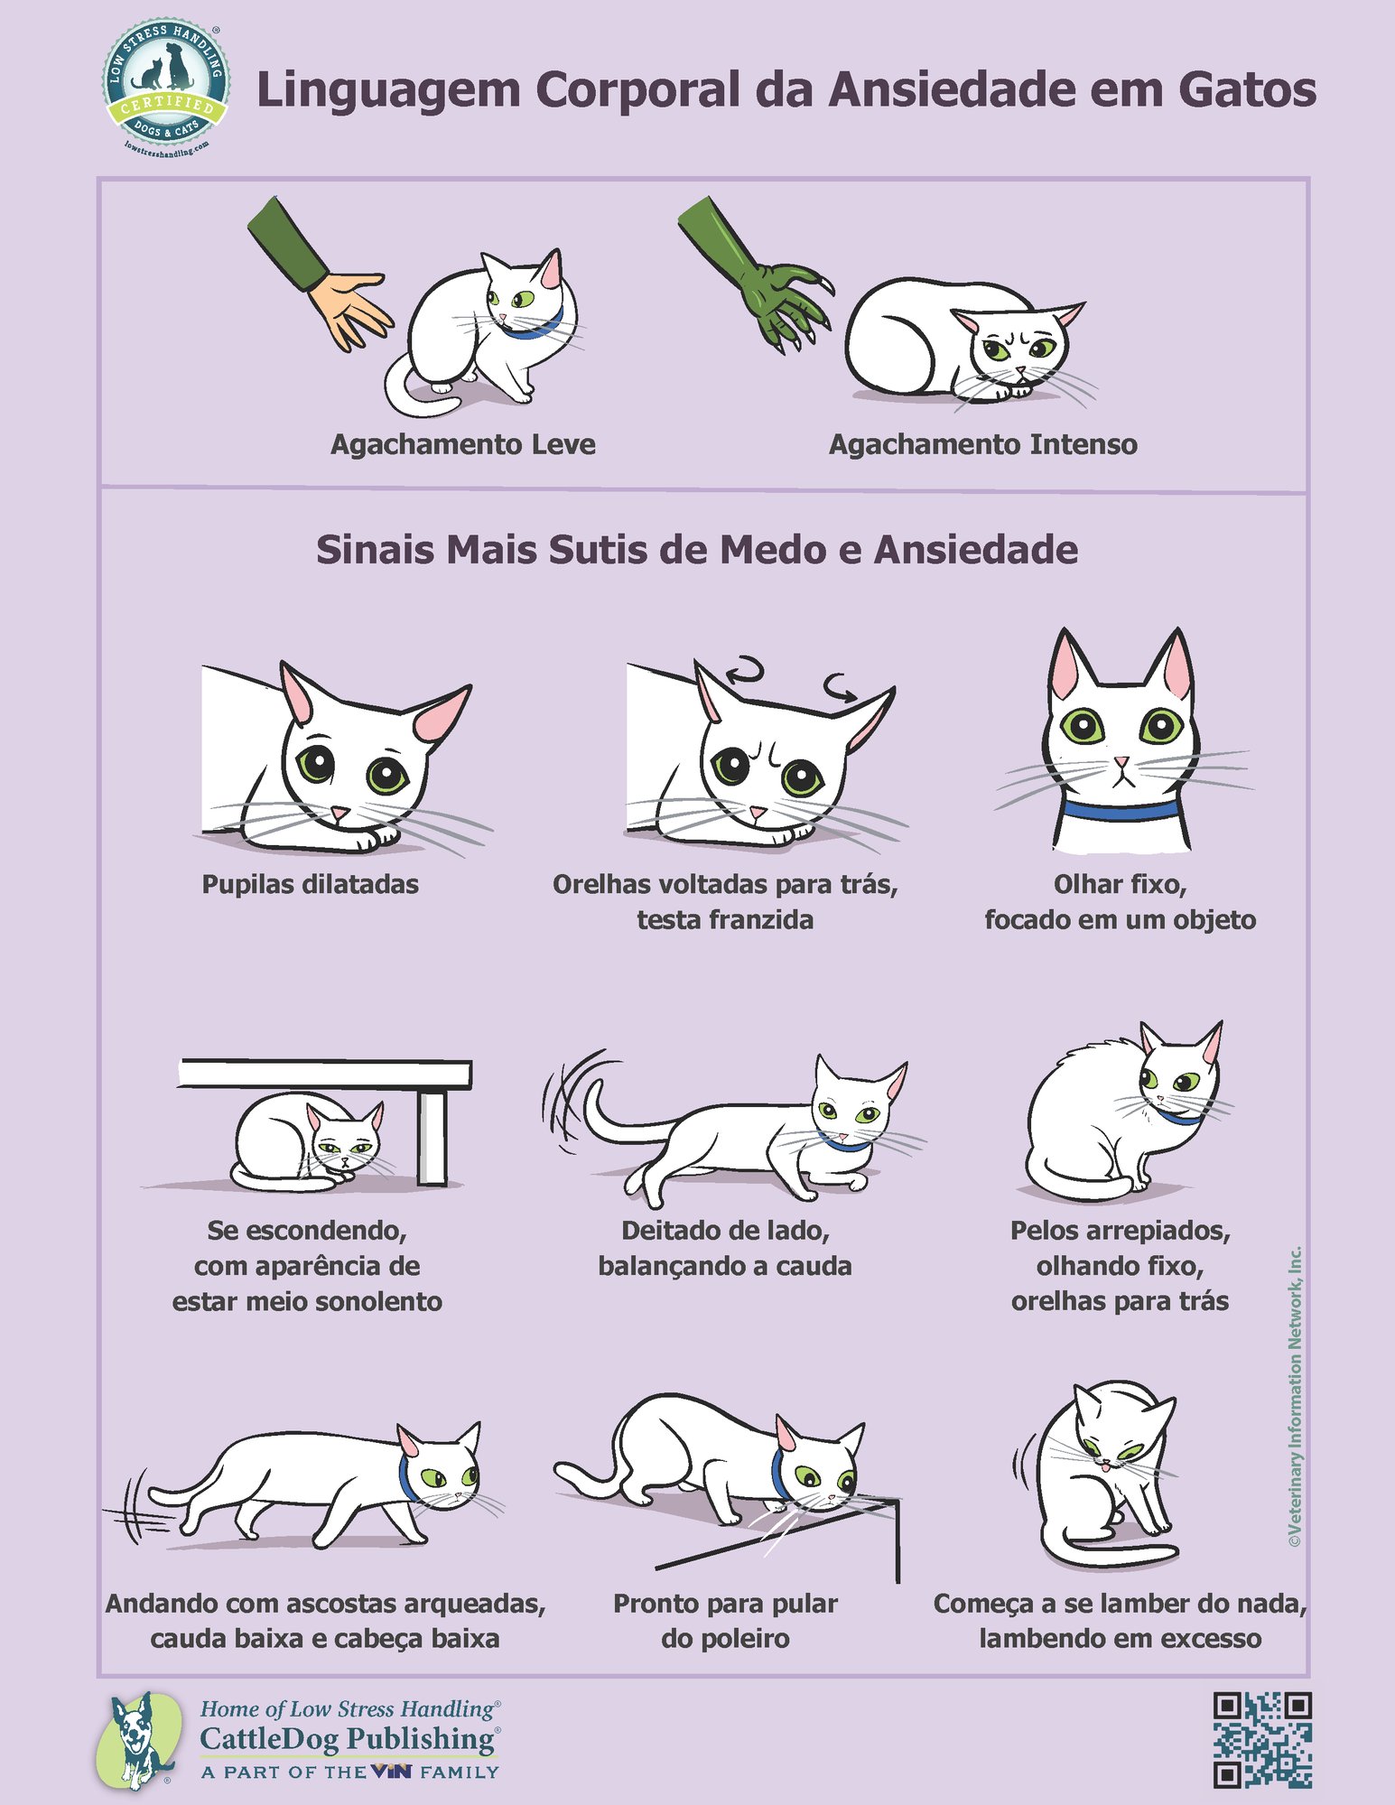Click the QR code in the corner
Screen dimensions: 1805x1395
tap(1261, 1739)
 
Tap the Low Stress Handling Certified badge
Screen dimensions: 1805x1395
tap(165, 87)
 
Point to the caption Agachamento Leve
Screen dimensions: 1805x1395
tap(462, 444)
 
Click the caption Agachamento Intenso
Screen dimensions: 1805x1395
tap(982, 444)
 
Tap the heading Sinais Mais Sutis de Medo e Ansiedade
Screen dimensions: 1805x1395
tap(696, 550)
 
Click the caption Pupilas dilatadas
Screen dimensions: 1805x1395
tap(310, 884)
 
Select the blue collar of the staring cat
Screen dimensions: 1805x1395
tap(1120, 809)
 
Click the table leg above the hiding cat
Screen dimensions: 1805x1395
tap(432, 1137)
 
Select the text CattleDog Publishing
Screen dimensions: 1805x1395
tap(348, 1738)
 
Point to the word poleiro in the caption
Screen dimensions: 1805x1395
tap(725, 1639)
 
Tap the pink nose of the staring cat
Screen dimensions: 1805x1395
tap(1121, 763)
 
